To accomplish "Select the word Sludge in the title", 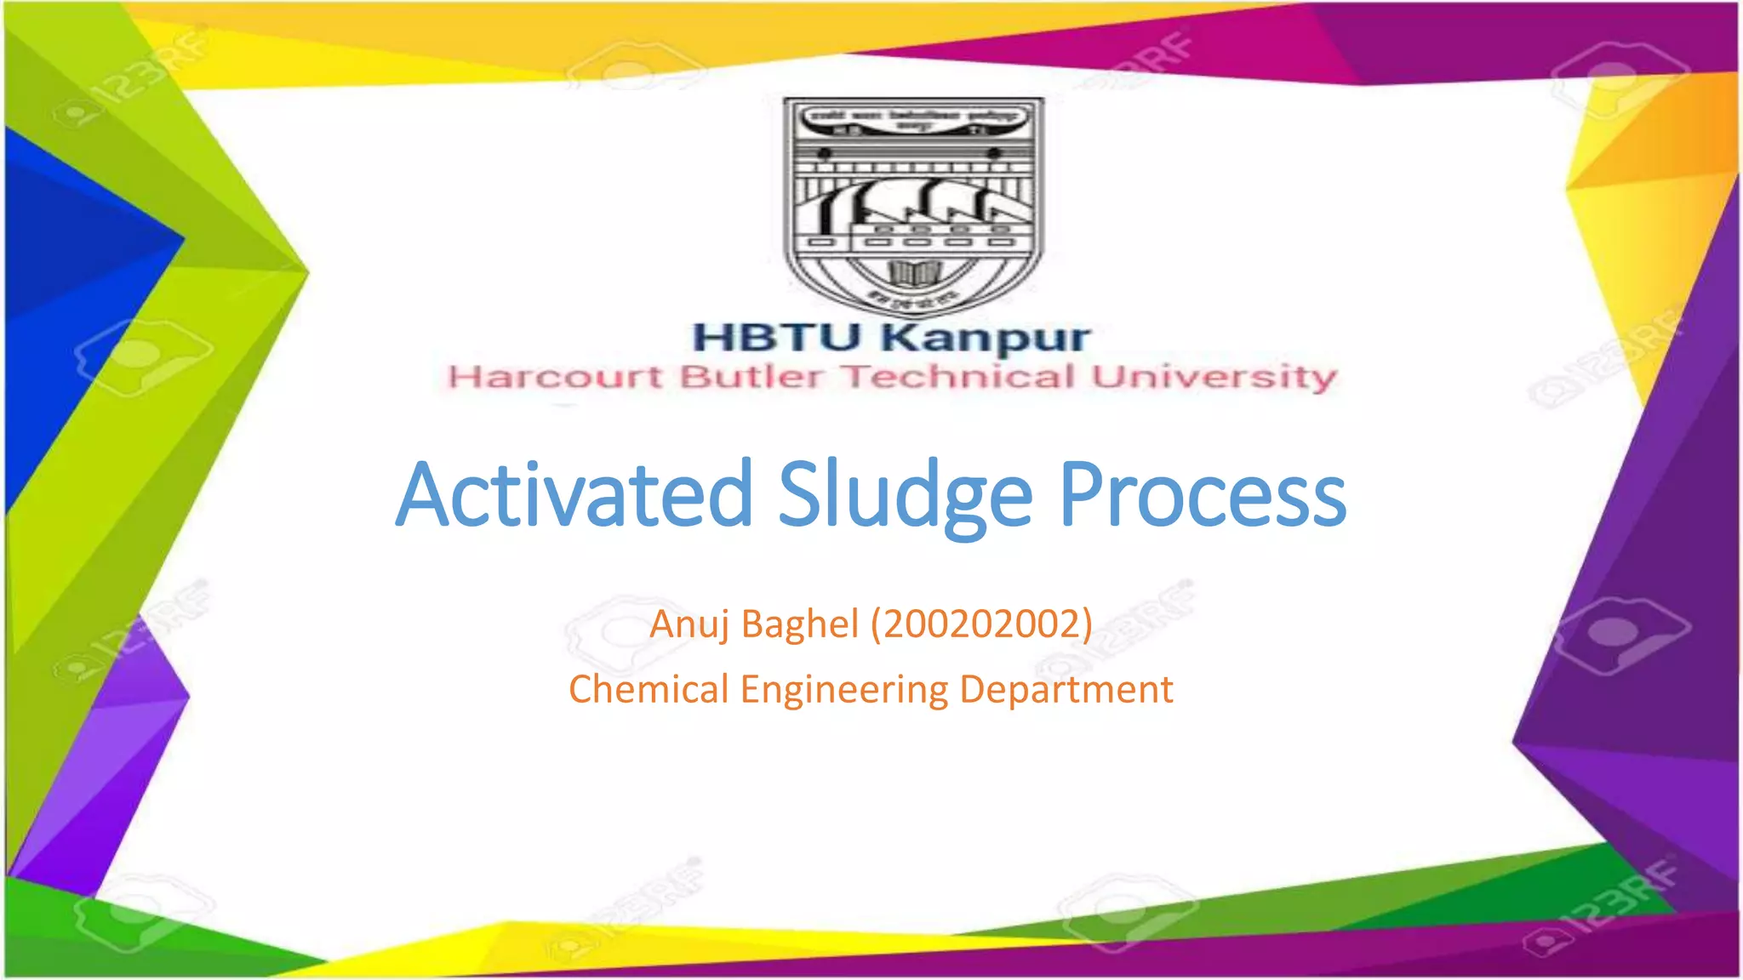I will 905,497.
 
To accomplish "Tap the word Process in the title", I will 1202,495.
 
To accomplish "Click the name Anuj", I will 689,624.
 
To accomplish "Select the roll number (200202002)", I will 981,624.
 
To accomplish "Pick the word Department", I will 1066,690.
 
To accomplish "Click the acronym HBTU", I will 777,337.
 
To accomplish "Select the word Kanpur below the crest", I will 986,339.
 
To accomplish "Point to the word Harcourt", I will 555,377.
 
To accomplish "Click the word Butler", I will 751,377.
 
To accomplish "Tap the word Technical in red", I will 958,377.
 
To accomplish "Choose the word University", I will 1214,378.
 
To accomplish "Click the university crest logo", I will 913,204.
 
